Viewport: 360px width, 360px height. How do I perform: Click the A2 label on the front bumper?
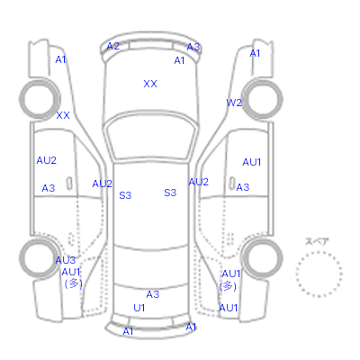tap(113, 46)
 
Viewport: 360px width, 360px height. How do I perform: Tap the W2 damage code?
tap(234, 103)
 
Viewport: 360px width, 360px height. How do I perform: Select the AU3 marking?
tap(66, 260)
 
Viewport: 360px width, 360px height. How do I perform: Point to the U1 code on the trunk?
tap(139, 308)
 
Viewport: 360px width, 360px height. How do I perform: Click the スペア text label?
tap(317, 242)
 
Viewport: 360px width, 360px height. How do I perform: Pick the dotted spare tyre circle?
tap(319, 252)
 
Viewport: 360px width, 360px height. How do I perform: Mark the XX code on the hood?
tap(150, 84)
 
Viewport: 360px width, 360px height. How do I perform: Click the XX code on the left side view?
tap(63, 115)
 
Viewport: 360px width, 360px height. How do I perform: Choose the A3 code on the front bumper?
tap(193, 47)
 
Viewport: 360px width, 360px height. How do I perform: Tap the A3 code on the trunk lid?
tap(153, 294)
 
